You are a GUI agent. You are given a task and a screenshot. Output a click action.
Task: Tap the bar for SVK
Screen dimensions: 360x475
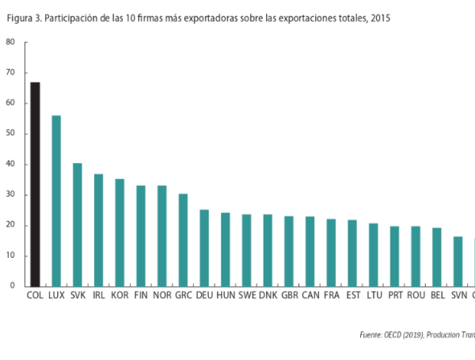pyautogui.click(x=78, y=225)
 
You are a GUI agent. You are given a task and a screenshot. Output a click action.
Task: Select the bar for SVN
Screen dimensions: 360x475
pyautogui.click(x=458, y=261)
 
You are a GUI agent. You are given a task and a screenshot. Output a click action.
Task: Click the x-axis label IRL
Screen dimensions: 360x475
pyautogui.click(x=99, y=296)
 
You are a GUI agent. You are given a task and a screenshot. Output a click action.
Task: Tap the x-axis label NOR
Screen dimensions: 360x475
pyautogui.click(x=161, y=296)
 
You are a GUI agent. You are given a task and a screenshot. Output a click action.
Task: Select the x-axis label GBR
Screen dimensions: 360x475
pyautogui.click(x=289, y=296)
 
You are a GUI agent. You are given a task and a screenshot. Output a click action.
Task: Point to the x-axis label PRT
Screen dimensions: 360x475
pyautogui.click(x=394, y=296)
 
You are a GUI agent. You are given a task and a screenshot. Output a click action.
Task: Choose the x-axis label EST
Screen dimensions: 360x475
pyautogui.click(x=352, y=296)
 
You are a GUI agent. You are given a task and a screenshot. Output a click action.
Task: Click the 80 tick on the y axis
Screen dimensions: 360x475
pyautogui.click(x=11, y=43)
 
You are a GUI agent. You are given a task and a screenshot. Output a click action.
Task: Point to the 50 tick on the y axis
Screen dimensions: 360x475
pyautogui.click(x=11, y=134)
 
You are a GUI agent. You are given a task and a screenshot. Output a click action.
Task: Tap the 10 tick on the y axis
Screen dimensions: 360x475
pyautogui.click(x=11, y=256)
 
